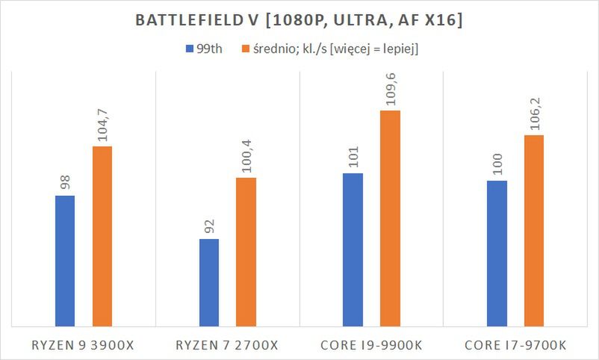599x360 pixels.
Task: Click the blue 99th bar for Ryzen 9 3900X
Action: [x=65, y=261]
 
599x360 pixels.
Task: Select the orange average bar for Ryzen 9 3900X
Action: [x=102, y=236]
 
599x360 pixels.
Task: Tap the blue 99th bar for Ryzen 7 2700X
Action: [x=209, y=282]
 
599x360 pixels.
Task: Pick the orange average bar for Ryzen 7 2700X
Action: [x=246, y=252]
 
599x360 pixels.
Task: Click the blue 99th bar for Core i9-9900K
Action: [x=353, y=249]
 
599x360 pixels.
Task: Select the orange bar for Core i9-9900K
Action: [x=390, y=218]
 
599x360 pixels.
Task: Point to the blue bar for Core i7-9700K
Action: [x=497, y=253]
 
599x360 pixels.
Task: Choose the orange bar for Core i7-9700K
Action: [x=534, y=231]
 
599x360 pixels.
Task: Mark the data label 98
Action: [x=65, y=182]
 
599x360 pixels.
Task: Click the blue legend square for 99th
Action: [x=188, y=49]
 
